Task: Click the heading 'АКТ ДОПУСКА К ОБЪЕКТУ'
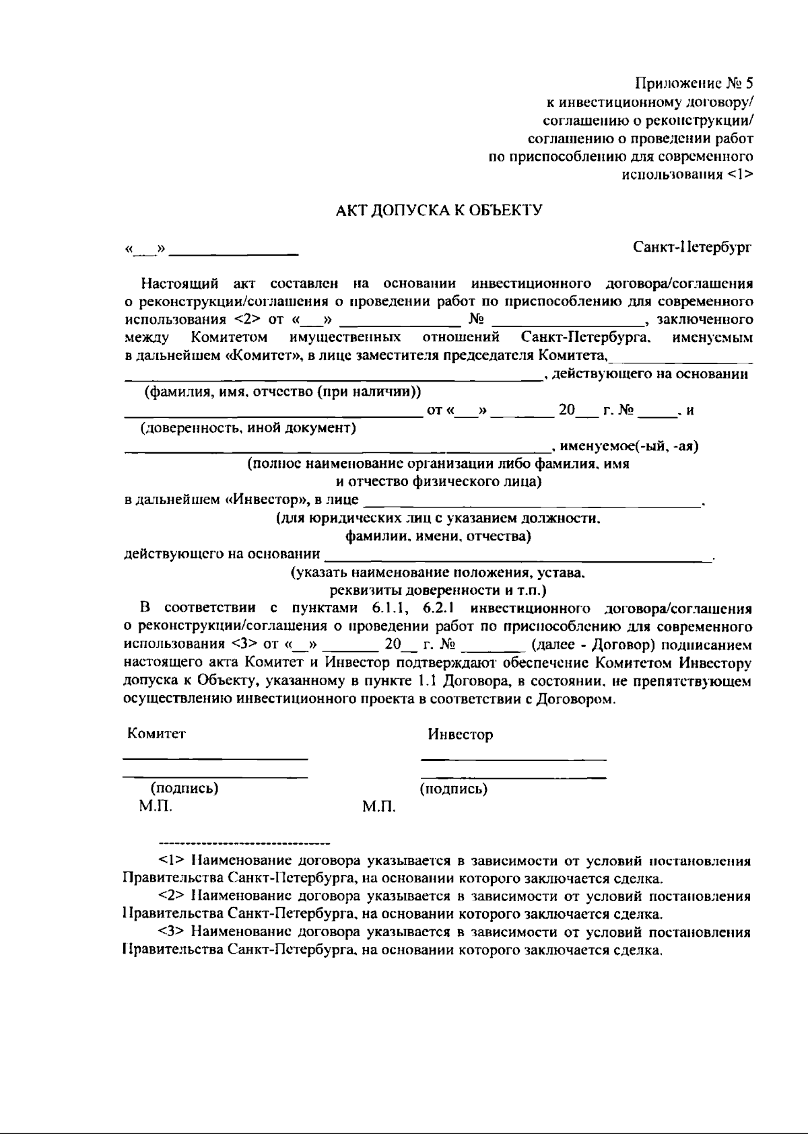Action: point(439,211)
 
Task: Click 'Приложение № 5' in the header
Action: point(694,84)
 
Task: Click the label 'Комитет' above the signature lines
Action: point(156,734)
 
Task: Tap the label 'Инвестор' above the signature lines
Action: point(461,734)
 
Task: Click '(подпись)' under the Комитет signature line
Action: point(184,788)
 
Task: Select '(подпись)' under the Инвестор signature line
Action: point(453,789)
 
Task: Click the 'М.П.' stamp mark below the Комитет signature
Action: point(156,806)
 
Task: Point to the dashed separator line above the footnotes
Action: point(243,843)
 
